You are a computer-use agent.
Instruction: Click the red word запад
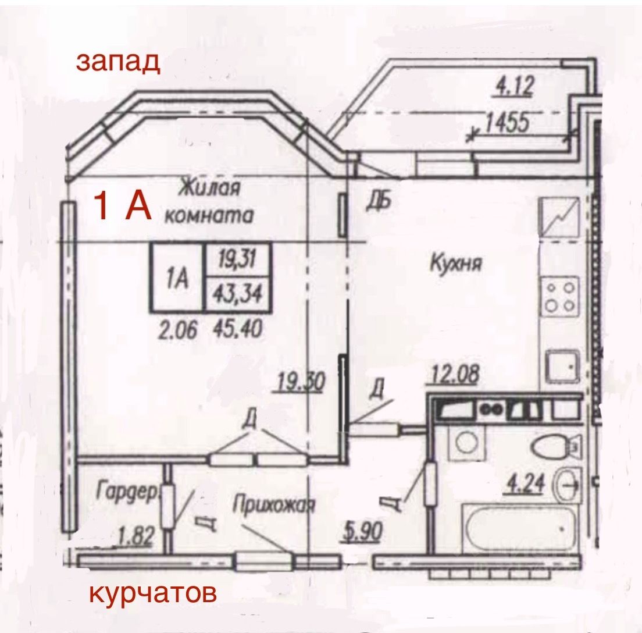click(117, 62)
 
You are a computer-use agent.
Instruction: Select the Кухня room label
click(456, 264)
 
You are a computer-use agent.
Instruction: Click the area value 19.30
click(300, 382)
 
